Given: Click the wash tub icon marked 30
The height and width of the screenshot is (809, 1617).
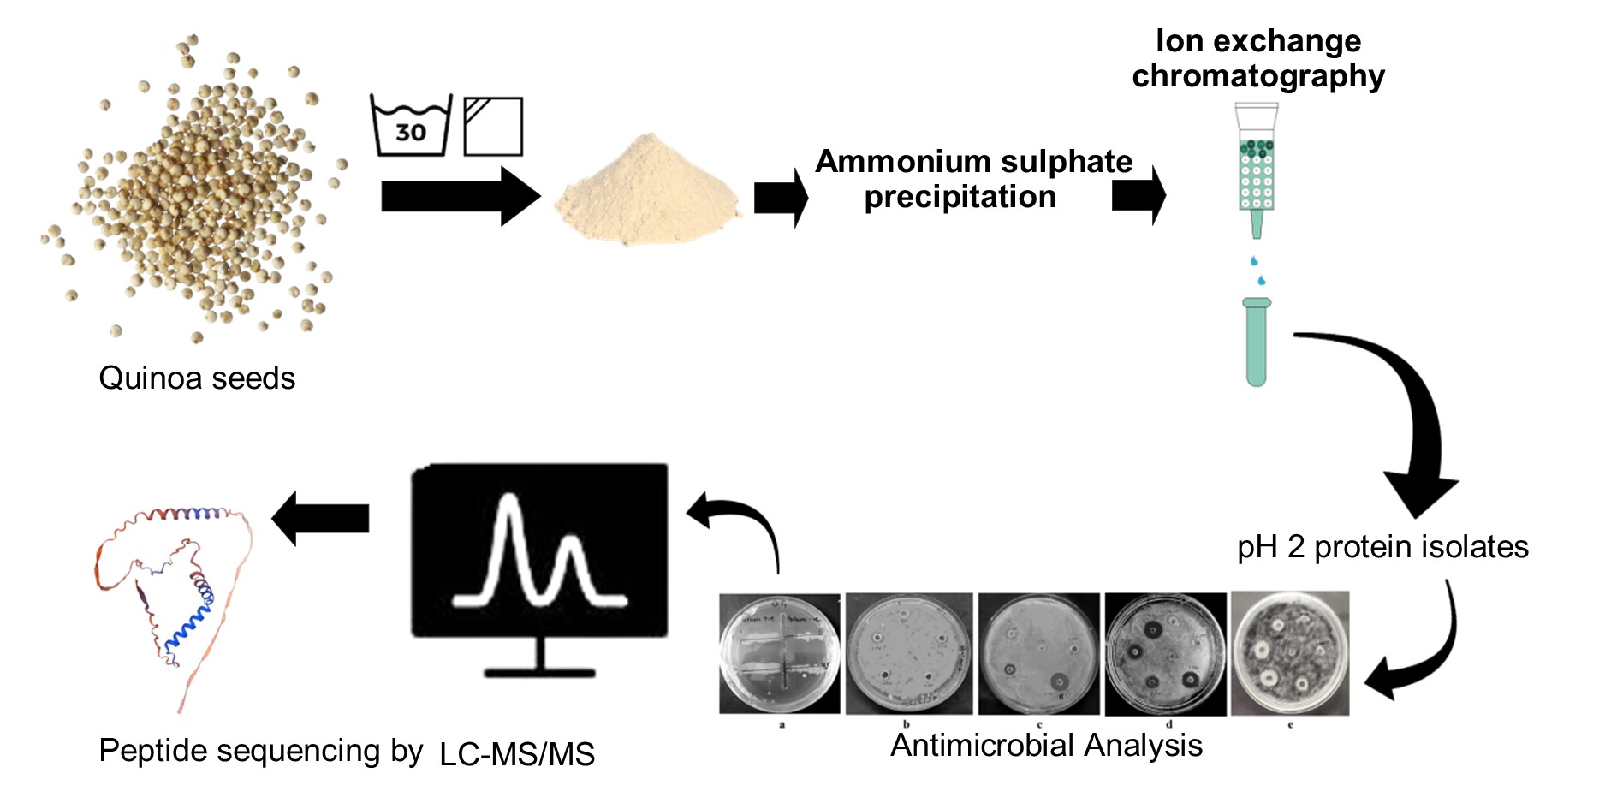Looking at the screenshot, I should click(410, 127).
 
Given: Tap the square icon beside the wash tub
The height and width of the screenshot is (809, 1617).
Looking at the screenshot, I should click(492, 127).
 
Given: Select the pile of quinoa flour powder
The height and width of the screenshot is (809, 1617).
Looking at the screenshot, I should click(648, 193).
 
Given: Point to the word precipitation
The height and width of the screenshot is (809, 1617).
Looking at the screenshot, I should click(960, 198).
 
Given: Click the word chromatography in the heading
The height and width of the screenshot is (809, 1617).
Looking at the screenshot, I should click(1257, 77).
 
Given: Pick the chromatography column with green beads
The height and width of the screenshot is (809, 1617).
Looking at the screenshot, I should click(1256, 167).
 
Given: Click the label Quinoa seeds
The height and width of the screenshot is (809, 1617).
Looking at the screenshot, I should click(197, 378).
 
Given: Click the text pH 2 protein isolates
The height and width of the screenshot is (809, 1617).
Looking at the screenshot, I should click(1382, 547).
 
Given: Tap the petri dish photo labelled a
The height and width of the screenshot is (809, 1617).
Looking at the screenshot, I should click(780, 653).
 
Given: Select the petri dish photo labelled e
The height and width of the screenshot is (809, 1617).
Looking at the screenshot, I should click(1289, 653).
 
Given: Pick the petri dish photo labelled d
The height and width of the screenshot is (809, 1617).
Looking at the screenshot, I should click(1165, 653).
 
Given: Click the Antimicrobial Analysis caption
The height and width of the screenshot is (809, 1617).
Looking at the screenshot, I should click(1046, 746).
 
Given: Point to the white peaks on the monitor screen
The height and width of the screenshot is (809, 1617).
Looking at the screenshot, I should click(539, 555).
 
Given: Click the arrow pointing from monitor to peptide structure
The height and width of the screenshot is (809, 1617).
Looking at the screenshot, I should click(320, 518).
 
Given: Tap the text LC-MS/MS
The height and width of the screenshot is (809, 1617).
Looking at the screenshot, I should click(517, 755).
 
